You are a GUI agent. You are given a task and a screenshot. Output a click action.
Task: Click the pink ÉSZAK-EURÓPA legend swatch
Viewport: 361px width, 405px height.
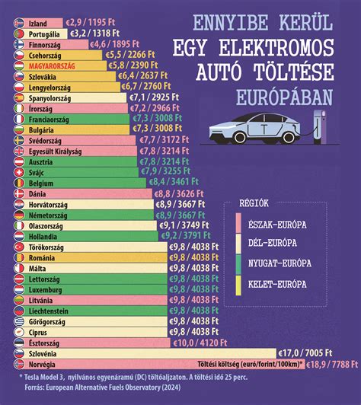pos(237,222)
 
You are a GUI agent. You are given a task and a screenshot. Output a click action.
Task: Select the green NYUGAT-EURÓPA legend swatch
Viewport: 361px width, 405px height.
pos(237,263)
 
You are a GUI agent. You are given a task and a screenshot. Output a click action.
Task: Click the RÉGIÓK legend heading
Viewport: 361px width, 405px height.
pos(251,205)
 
